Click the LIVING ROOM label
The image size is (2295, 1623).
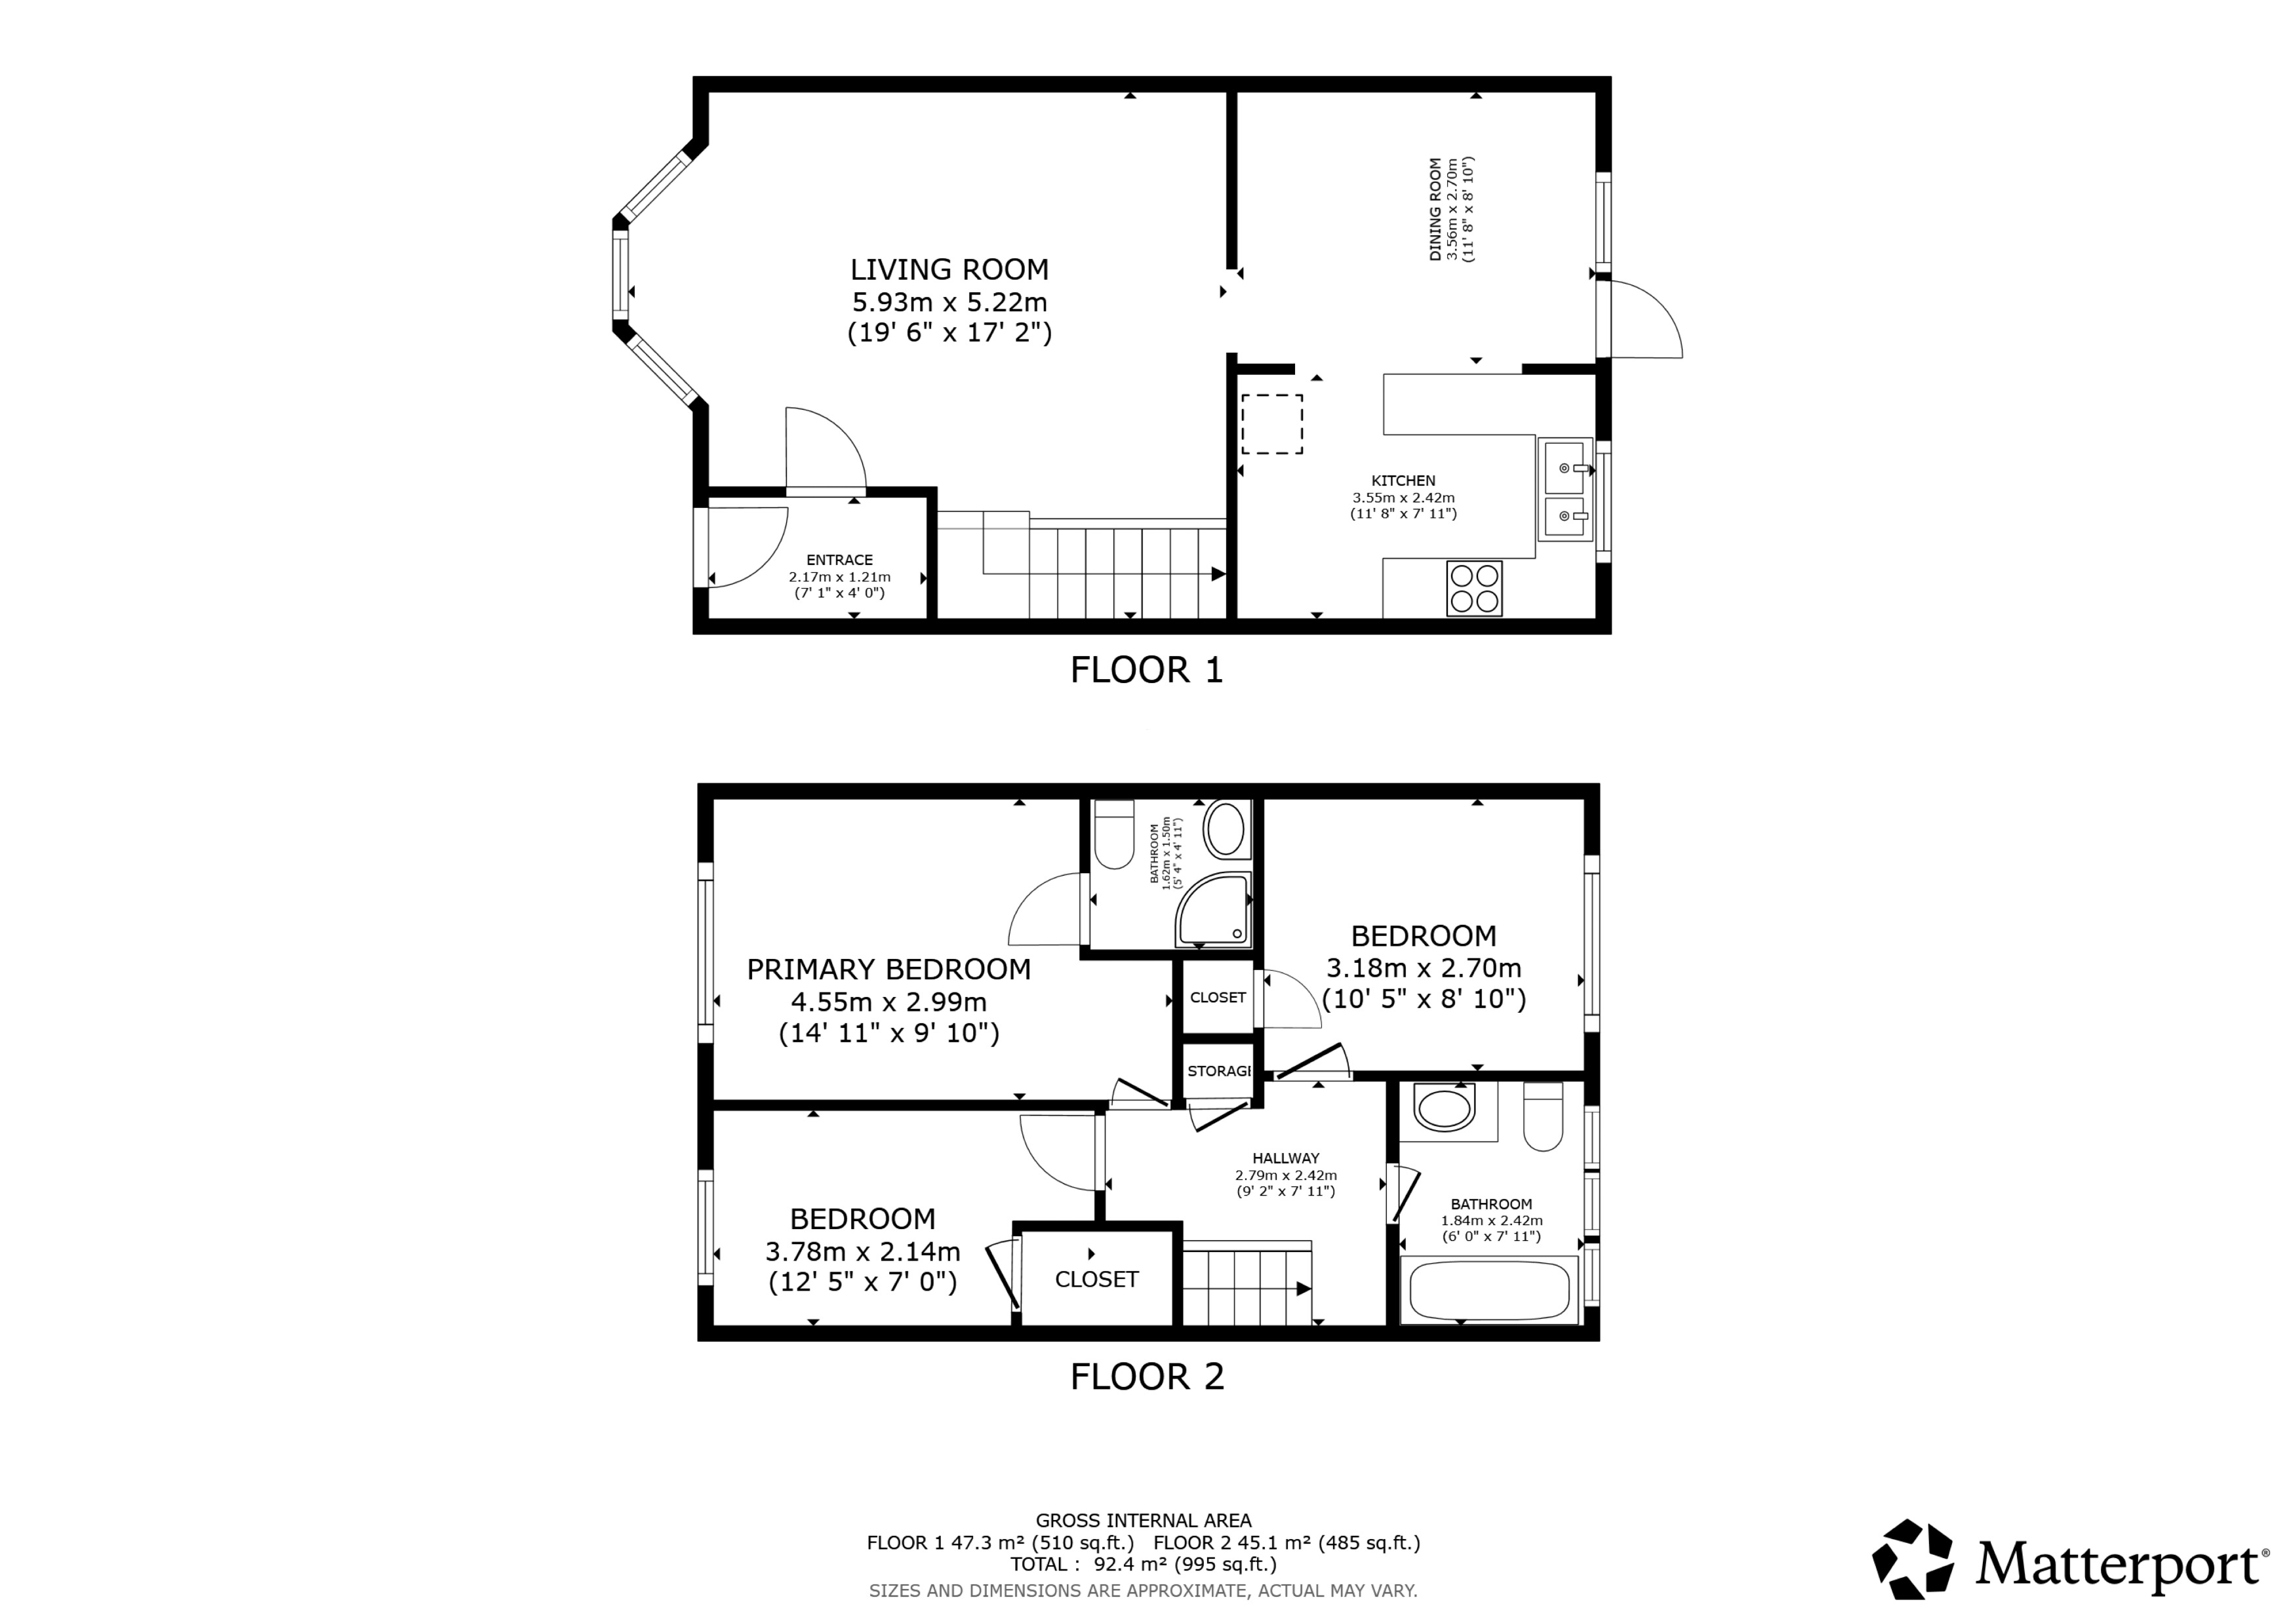[x=949, y=270]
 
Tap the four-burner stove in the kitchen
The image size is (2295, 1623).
[x=1474, y=587]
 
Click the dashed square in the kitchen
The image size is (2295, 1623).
[x=1271, y=423]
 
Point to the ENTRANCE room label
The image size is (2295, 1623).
[x=839, y=560]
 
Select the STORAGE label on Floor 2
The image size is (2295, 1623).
[x=1218, y=1071]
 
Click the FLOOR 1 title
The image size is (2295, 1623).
[x=1146, y=670]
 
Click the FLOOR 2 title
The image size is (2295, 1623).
[x=1146, y=1377]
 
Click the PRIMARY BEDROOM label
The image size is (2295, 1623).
[x=888, y=969]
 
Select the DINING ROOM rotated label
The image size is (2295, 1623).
[x=1435, y=210]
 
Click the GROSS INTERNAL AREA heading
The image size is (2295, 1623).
[x=1144, y=1521]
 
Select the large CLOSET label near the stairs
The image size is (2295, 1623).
[x=1096, y=1280]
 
